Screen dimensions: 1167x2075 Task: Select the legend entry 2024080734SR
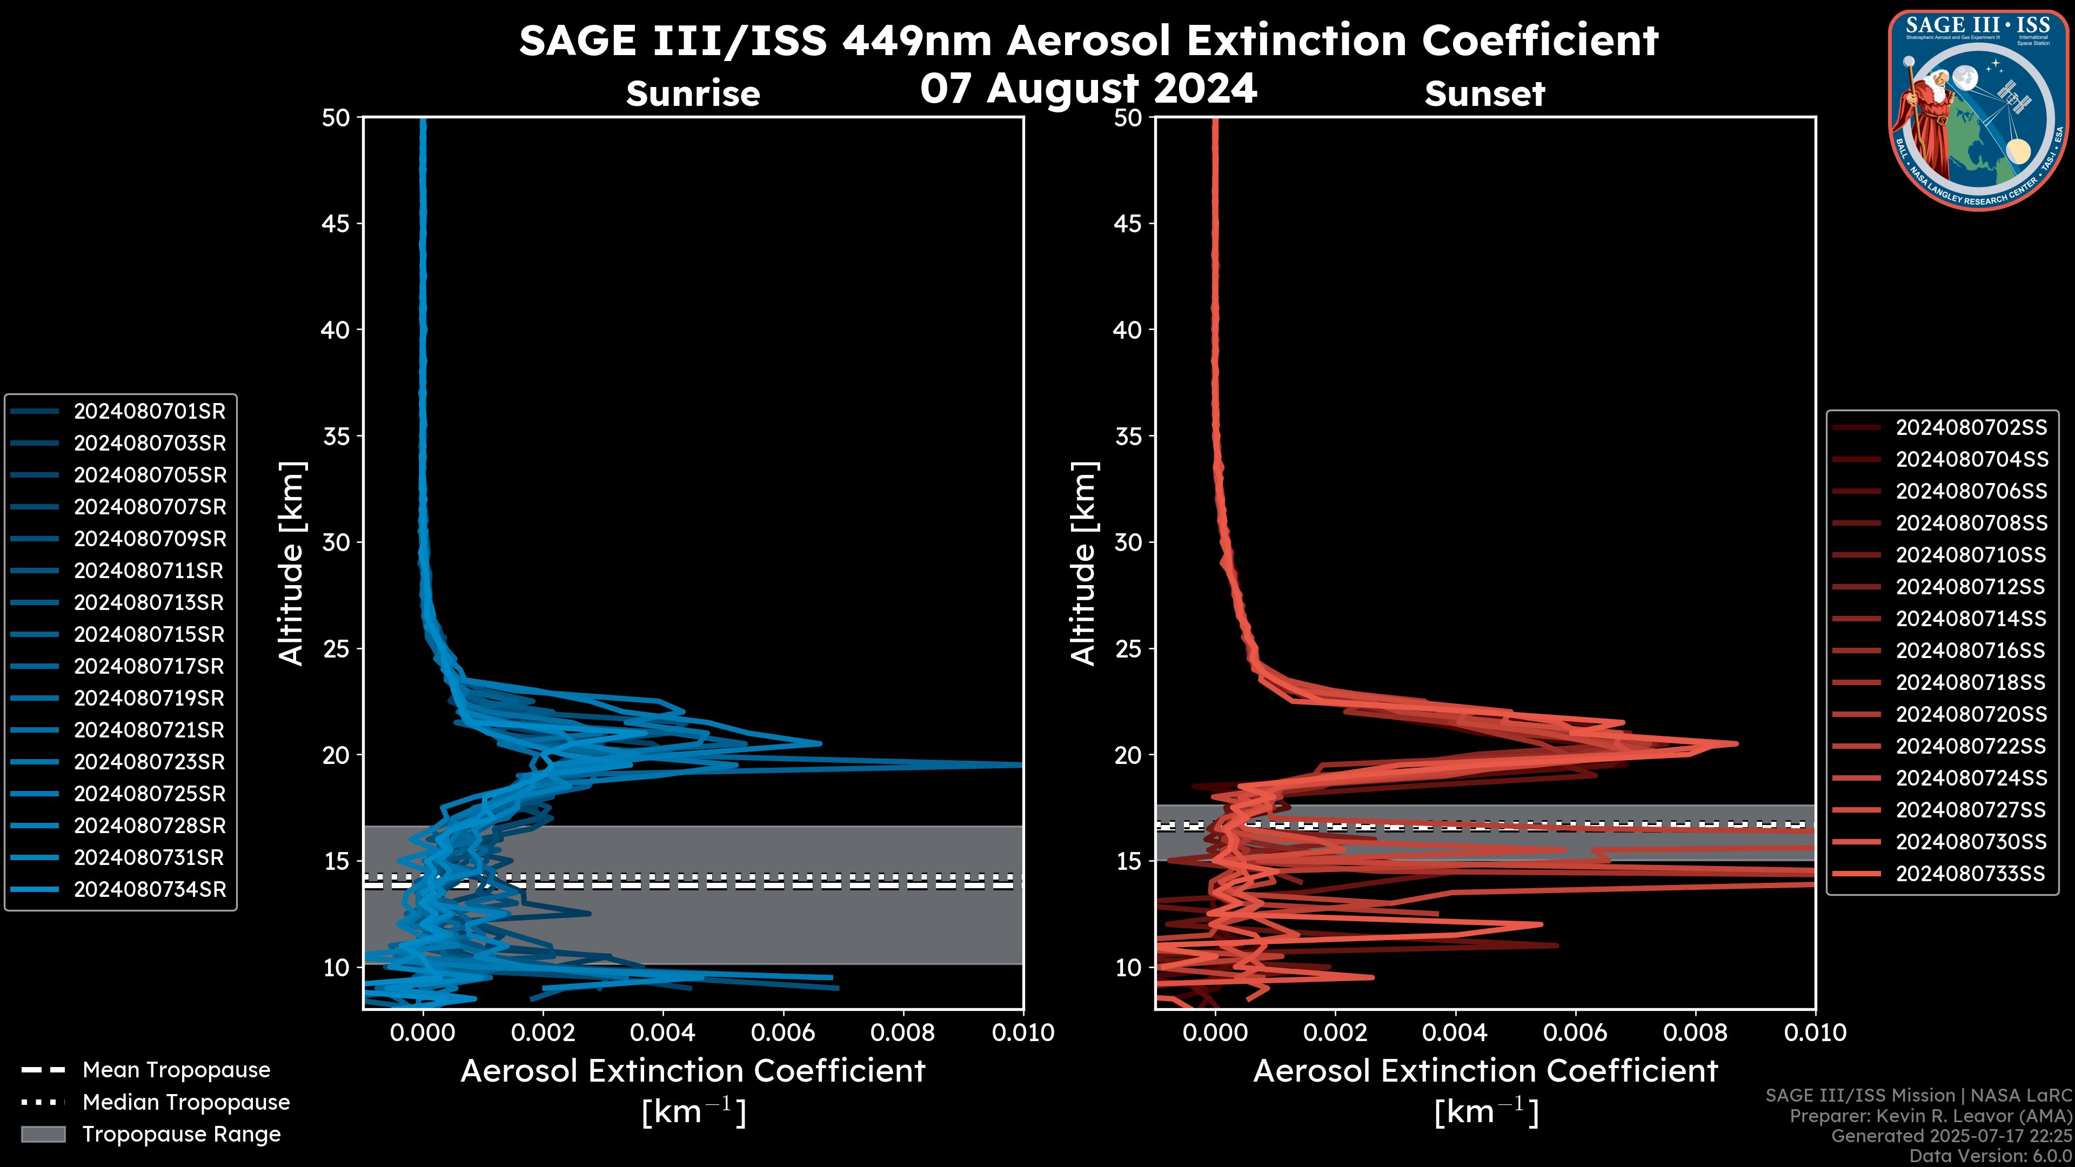(150, 890)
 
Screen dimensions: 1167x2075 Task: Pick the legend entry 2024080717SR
(150, 667)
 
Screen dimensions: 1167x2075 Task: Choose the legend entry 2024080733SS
(1970, 874)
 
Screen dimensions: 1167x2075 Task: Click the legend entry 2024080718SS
(1970, 683)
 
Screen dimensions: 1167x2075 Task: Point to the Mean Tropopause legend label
(176, 1070)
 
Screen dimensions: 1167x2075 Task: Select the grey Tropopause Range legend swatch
(43, 1135)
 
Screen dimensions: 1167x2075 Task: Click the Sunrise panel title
(693, 93)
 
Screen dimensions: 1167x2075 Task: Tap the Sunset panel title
(1484, 94)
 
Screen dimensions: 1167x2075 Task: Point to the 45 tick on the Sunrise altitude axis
(336, 224)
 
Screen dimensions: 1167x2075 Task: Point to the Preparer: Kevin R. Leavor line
(1931, 1116)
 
